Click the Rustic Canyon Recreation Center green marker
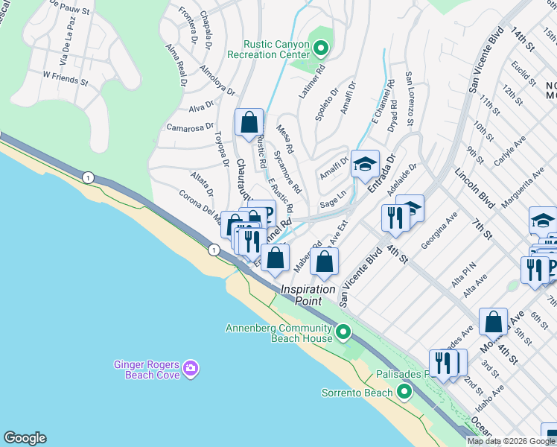(x=321, y=50)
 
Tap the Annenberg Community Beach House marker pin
(x=343, y=332)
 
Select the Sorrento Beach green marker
(x=404, y=391)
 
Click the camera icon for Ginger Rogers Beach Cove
(x=191, y=368)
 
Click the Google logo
(x=25, y=438)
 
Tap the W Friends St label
(x=66, y=75)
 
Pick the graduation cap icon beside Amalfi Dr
(x=365, y=164)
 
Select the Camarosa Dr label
(x=190, y=127)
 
